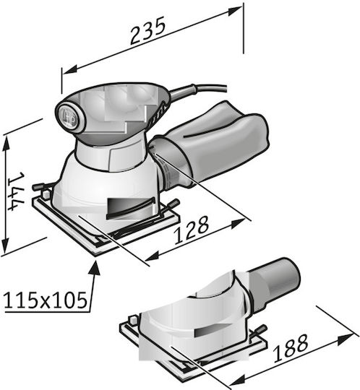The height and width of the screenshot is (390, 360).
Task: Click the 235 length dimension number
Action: (148, 31)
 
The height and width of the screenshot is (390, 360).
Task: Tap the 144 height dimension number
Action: (17, 191)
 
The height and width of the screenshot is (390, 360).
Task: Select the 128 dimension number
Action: (191, 230)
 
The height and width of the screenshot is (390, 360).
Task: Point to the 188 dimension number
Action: (291, 348)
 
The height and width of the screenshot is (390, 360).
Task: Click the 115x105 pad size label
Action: (46, 300)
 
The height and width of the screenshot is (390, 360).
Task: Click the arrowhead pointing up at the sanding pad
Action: (95, 268)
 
